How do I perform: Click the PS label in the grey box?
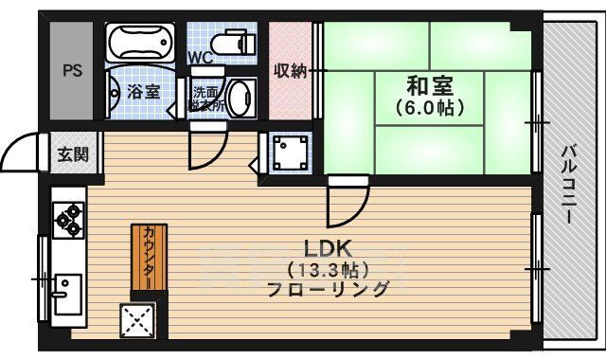point(72,71)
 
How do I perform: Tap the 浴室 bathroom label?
point(142,91)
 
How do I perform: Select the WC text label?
point(200,58)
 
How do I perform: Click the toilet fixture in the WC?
point(230,43)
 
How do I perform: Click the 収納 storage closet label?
point(291,70)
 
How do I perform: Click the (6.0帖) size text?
point(429,108)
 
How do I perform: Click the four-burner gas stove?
point(68,221)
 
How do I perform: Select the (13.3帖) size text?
point(328,270)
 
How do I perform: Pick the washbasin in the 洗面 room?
point(241,98)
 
